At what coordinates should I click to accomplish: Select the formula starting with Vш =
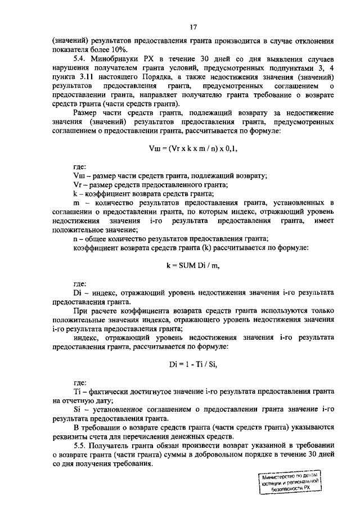192,149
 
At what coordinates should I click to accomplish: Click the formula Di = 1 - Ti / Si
192,364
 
